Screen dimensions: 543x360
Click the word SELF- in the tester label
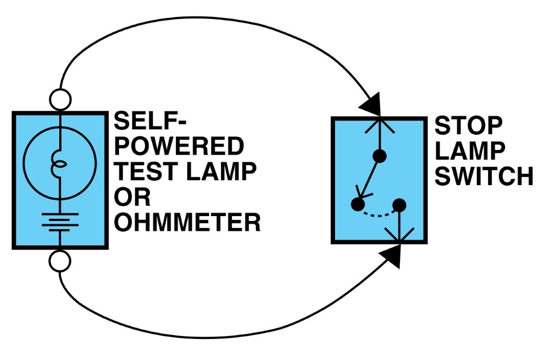click(x=150, y=121)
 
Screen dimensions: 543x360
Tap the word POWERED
click(x=179, y=146)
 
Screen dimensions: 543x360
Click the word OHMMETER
click(x=187, y=222)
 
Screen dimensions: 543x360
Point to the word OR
click(x=132, y=197)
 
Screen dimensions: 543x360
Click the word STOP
click(x=468, y=125)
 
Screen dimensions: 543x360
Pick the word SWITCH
click(x=484, y=176)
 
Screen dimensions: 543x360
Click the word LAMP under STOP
click(x=470, y=151)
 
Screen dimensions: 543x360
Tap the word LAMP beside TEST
click(x=222, y=171)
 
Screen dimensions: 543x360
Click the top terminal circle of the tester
click(x=60, y=100)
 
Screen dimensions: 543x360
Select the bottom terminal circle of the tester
click(x=60, y=261)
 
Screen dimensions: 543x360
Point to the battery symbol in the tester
click(x=60, y=222)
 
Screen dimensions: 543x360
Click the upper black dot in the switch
click(x=380, y=156)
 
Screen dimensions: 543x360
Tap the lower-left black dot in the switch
click(x=358, y=204)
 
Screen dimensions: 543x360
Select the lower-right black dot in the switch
click(x=399, y=206)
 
